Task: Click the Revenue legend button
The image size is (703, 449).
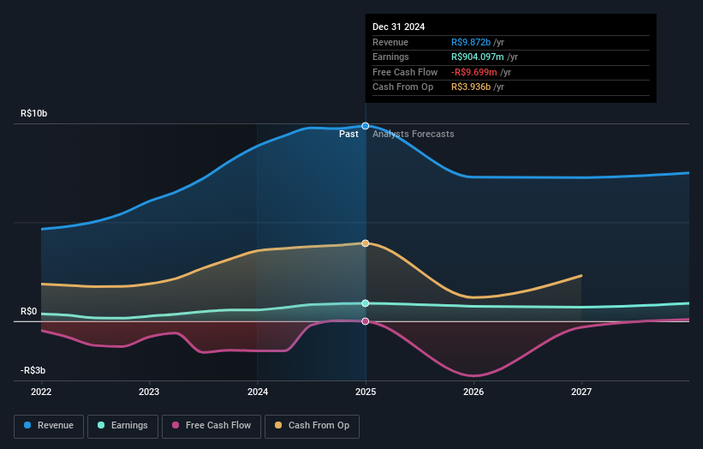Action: (x=49, y=425)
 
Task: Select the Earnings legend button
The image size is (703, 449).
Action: (x=122, y=425)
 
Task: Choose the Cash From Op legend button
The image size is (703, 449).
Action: (x=313, y=425)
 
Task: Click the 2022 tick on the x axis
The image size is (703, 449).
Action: (x=41, y=392)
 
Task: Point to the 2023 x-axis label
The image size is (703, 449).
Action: (x=149, y=392)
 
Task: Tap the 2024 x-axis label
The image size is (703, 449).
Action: (x=258, y=392)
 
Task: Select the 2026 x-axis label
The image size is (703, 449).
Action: (x=474, y=392)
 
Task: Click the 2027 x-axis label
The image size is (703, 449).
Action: (x=581, y=392)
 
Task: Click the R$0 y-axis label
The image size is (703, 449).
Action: (x=29, y=312)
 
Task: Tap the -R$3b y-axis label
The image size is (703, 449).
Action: (x=33, y=370)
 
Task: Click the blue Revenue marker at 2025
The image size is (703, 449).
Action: (x=366, y=126)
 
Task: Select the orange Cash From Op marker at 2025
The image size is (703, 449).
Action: (x=366, y=243)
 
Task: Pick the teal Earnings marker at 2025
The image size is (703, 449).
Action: (x=366, y=303)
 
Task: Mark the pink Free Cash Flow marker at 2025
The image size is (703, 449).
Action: (x=366, y=321)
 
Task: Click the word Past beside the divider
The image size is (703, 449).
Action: (x=349, y=134)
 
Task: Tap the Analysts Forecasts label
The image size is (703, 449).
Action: (x=414, y=134)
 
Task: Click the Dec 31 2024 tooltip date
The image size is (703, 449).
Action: (x=399, y=27)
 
